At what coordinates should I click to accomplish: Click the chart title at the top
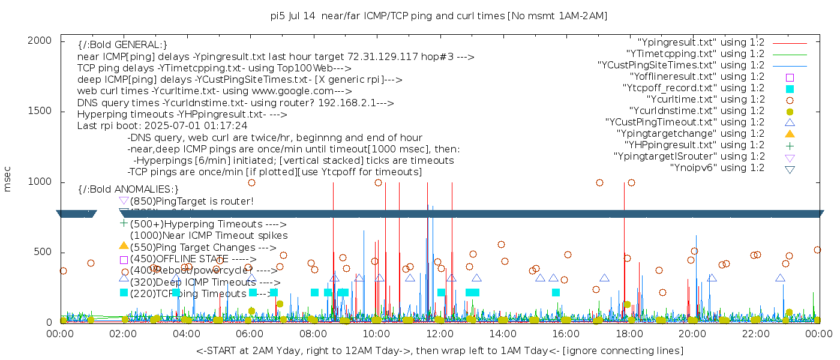click(x=439, y=16)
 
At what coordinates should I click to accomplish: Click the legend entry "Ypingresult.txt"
click(x=701, y=43)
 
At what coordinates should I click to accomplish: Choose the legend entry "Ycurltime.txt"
click(x=706, y=100)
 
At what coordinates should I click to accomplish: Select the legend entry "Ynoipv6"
click(x=718, y=168)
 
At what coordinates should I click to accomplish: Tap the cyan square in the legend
click(x=790, y=88)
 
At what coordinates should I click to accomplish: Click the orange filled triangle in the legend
click(x=790, y=133)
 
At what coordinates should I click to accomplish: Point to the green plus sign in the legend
click(x=790, y=145)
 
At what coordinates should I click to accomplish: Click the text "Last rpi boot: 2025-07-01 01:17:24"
click(x=162, y=126)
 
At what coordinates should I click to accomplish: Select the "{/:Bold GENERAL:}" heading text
click(x=122, y=45)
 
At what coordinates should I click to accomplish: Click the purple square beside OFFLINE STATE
click(x=124, y=260)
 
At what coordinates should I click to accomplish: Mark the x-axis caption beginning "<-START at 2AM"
click(x=439, y=350)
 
